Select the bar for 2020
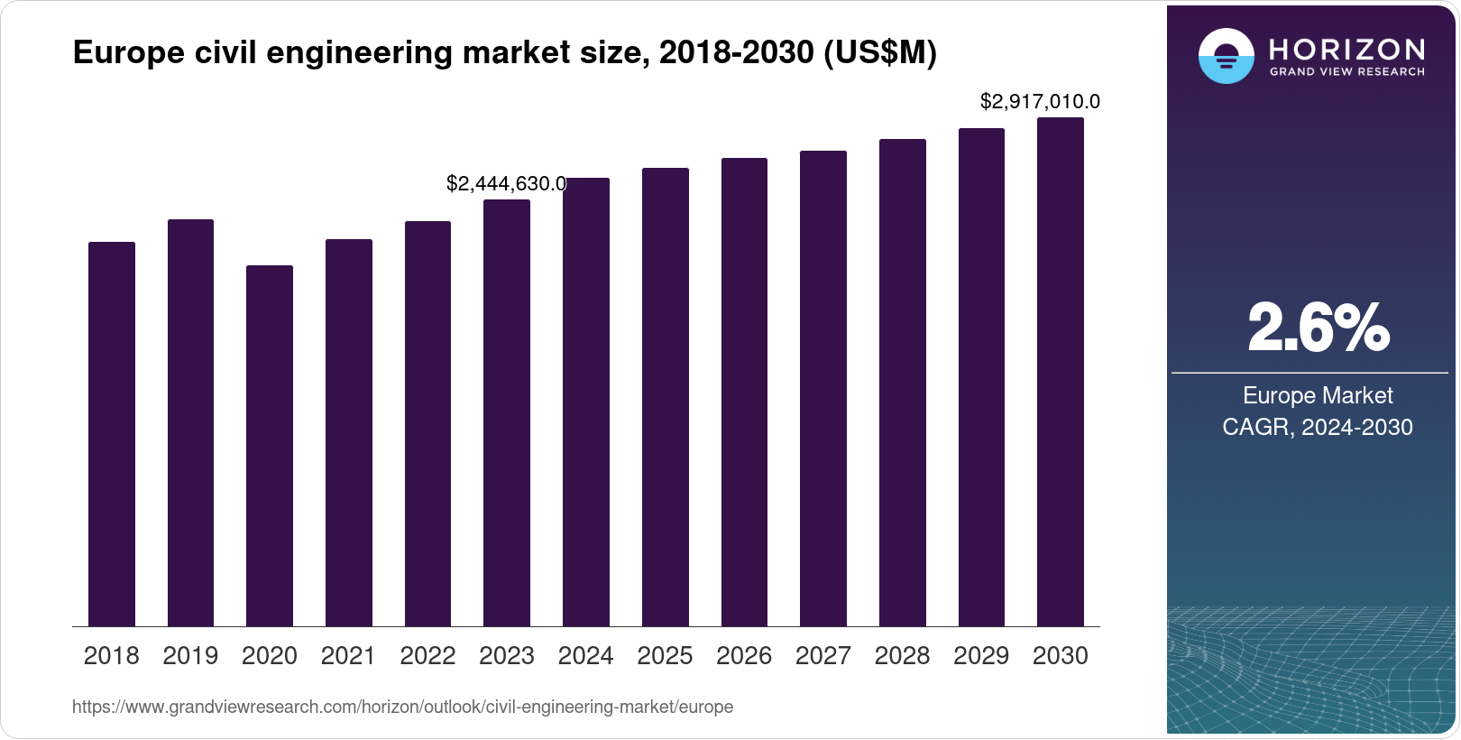pyautogui.click(x=270, y=446)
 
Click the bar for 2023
pyautogui.click(x=507, y=412)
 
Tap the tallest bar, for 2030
pyautogui.click(x=1061, y=372)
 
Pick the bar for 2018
pyautogui.click(x=112, y=434)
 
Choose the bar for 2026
pyautogui.click(x=744, y=392)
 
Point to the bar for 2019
pyautogui.click(x=190, y=422)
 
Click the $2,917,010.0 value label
pyautogui.click(x=1040, y=102)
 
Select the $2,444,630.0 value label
pyautogui.click(x=506, y=184)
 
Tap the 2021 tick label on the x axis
pyautogui.click(x=348, y=656)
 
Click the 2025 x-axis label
pyautogui.click(x=665, y=656)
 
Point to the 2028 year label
pyautogui.click(x=902, y=656)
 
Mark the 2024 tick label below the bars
pyautogui.click(x=585, y=656)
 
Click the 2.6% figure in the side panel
pyautogui.click(x=1318, y=328)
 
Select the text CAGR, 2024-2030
pyautogui.click(x=1317, y=427)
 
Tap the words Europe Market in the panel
pyautogui.click(x=1317, y=395)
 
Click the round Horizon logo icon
pyautogui.click(x=1226, y=56)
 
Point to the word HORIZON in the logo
pyautogui.click(x=1346, y=49)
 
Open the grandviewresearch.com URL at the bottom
pyautogui.click(x=402, y=708)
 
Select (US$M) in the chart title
pyautogui.click(x=879, y=53)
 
